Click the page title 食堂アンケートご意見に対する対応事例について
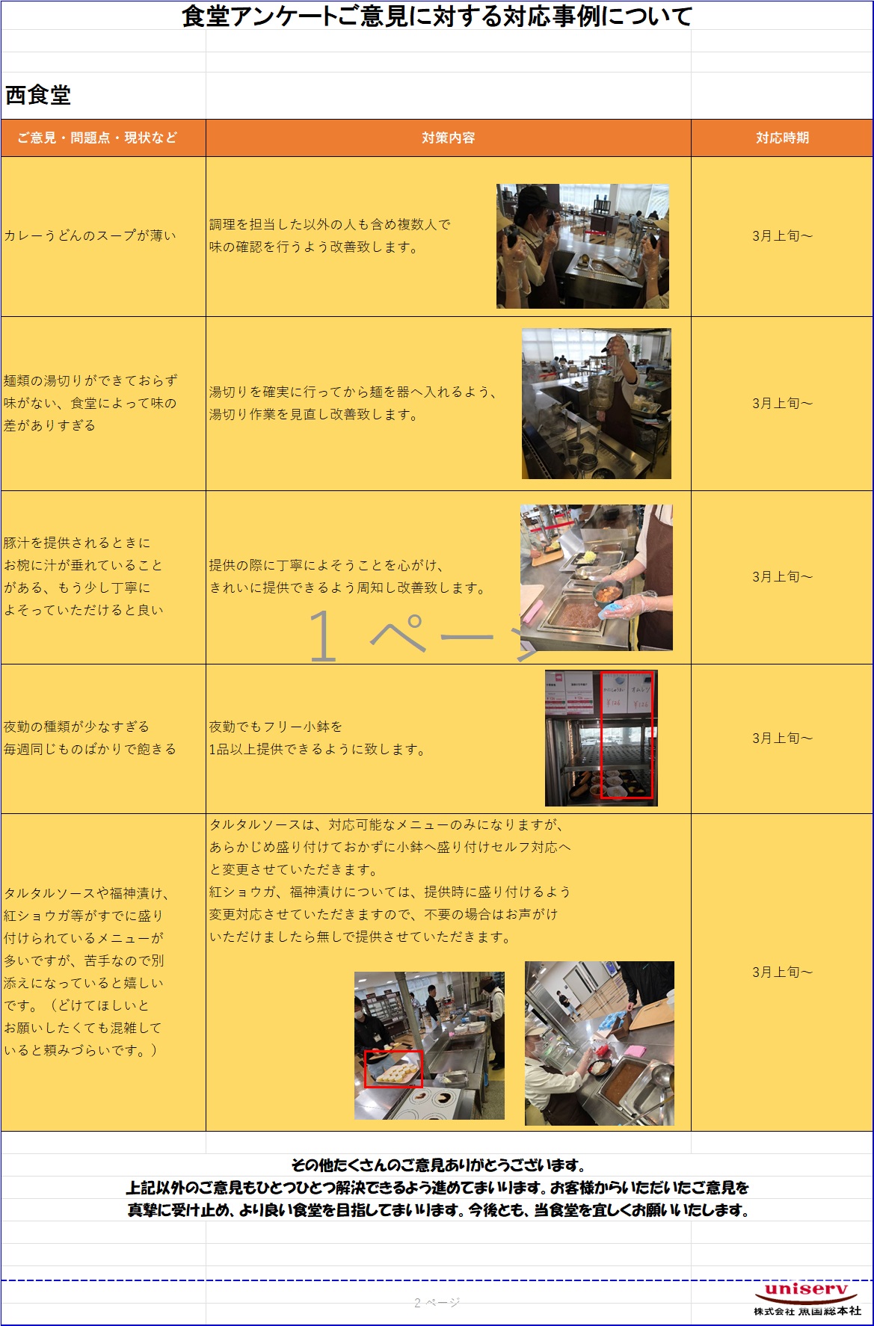pyautogui.click(x=437, y=16)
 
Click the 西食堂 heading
pyautogui.click(x=38, y=95)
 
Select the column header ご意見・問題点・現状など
pyautogui.click(x=97, y=138)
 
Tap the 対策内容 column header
pyautogui.click(x=449, y=138)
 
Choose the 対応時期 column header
pyautogui.click(x=782, y=138)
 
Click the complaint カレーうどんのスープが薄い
pyautogui.click(x=90, y=235)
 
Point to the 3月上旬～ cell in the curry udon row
pyautogui.click(x=782, y=236)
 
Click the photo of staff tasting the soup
pyautogui.click(x=582, y=246)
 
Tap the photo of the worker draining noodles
pyautogui.click(x=596, y=404)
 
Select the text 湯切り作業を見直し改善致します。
pyautogui.click(x=315, y=414)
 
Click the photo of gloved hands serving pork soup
pyautogui.click(x=596, y=577)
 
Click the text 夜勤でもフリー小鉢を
pyautogui.click(x=275, y=727)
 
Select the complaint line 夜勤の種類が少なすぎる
pyautogui.click(x=76, y=727)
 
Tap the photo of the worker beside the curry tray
pyautogui.click(x=599, y=1043)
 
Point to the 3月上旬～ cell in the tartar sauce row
pyautogui.click(x=782, y=972)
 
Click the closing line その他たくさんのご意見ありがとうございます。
pyautogui.click(x=437, y=1165)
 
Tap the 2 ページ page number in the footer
pyautogui.click(x=437, y=1303)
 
